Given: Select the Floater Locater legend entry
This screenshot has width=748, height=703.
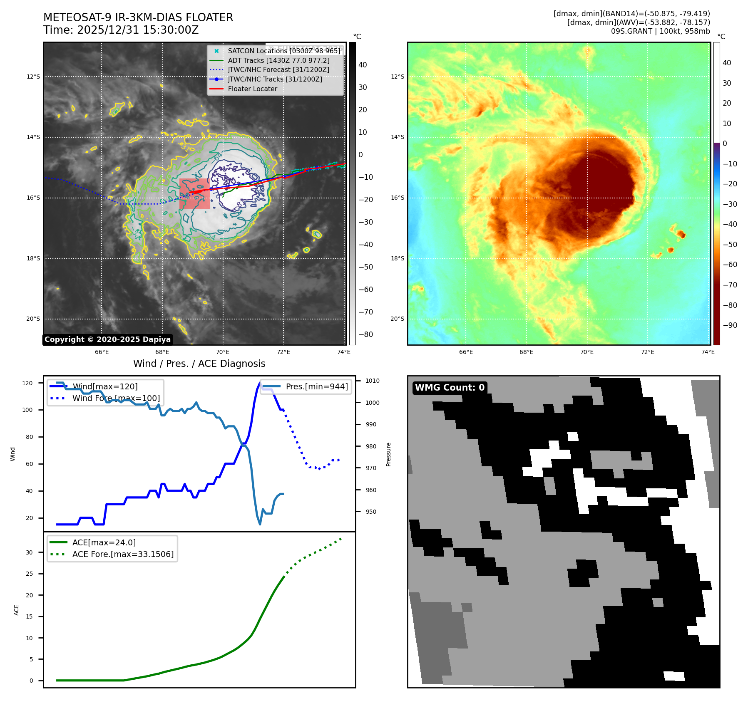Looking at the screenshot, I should (252, 89).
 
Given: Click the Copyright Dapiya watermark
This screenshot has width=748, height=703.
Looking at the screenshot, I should (107, 339).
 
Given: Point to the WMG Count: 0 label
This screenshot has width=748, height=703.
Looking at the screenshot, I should (450, 388).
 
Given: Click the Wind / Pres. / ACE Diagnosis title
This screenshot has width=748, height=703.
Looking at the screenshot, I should (199, 364).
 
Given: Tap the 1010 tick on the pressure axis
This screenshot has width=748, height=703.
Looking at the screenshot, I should (373, 381).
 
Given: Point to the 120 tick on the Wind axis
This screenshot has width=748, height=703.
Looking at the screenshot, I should (27, 383).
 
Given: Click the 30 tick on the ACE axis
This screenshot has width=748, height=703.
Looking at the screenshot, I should (29, 552).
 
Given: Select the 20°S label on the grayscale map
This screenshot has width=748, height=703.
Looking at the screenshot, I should (33, 319).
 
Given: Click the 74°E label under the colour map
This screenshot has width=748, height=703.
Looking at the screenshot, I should (708, 352).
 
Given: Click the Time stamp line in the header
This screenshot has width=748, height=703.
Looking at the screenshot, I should (121, 30).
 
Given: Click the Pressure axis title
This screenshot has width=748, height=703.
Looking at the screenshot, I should (388, 454).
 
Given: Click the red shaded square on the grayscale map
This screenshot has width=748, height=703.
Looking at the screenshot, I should (194, 194).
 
